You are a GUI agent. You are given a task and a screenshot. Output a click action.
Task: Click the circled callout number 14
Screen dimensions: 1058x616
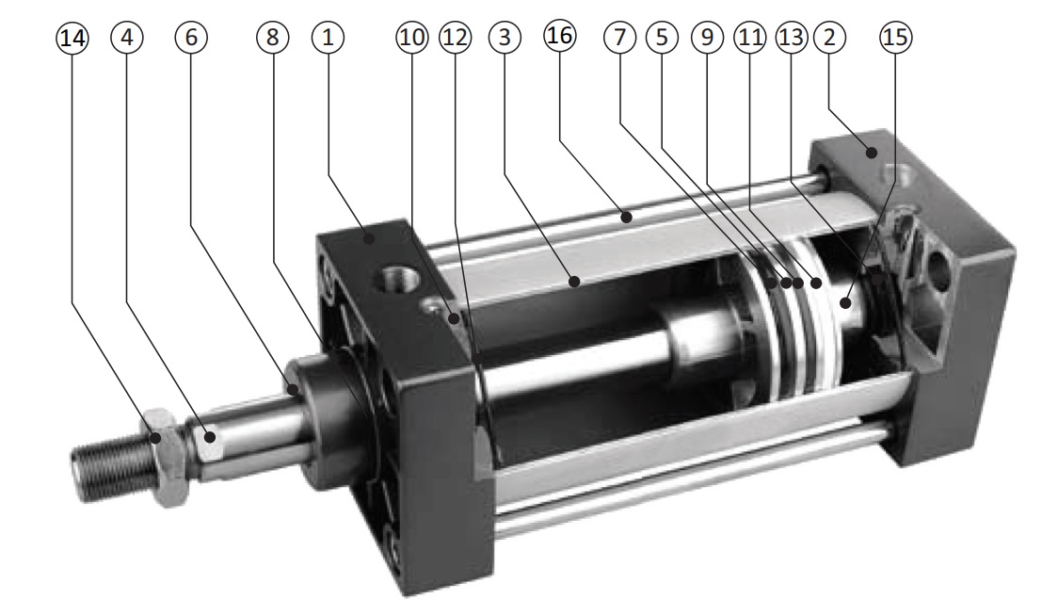72,37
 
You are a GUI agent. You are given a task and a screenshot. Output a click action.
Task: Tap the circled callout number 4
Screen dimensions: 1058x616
127,37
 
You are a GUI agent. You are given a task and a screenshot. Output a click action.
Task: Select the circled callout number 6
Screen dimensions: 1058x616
191,37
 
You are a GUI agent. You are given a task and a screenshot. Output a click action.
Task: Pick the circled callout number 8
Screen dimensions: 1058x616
273,37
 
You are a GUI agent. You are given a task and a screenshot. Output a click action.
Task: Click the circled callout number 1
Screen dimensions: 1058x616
328,37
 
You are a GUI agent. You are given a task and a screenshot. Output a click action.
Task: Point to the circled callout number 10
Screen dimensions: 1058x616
411,37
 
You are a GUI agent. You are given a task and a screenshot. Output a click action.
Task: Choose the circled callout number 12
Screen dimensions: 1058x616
455,37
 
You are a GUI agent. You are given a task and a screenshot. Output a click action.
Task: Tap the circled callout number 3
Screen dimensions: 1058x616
505,37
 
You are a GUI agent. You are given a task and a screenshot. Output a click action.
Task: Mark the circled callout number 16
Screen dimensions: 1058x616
560,36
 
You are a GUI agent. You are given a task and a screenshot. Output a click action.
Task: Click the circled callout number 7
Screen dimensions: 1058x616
620,37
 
